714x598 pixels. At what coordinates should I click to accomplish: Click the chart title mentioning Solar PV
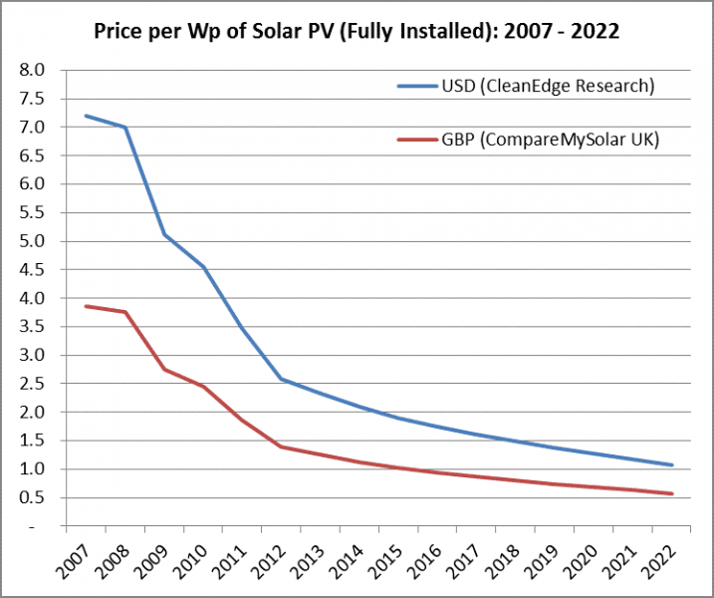357,31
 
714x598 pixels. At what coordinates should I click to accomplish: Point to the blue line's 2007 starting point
86,116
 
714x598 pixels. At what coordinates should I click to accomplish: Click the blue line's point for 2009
163,234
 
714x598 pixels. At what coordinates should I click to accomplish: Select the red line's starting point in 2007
86,306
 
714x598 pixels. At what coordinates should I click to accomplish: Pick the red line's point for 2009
163,369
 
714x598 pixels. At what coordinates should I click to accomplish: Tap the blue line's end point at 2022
672,464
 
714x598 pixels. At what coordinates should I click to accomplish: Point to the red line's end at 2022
672,493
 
